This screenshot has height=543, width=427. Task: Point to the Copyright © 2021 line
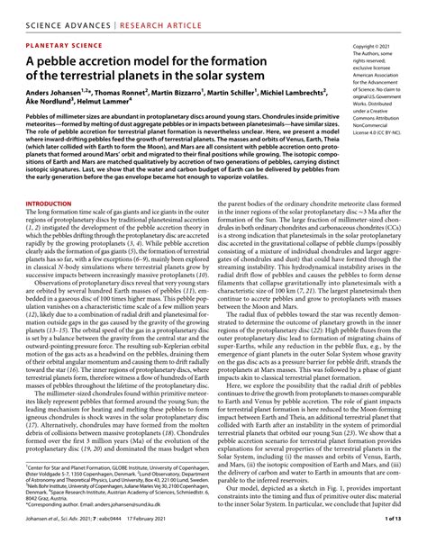tap(376, 44)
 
